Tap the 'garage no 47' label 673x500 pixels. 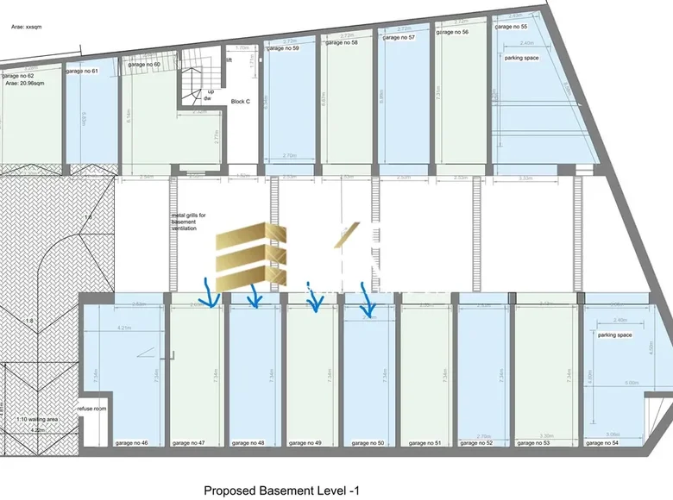point(190,443)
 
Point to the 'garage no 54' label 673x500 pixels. point(601,443)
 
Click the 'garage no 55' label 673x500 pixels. point(511,27)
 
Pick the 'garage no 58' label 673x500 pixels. point(341,41)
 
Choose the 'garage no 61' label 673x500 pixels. point(82,71)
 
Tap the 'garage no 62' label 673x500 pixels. point(17,76)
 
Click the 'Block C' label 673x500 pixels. point(241,101)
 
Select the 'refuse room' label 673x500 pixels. point(91,409)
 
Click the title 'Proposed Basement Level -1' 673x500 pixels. point(280,491)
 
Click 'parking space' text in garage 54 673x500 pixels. point(614,335)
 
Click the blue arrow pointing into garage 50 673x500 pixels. point(368,302)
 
